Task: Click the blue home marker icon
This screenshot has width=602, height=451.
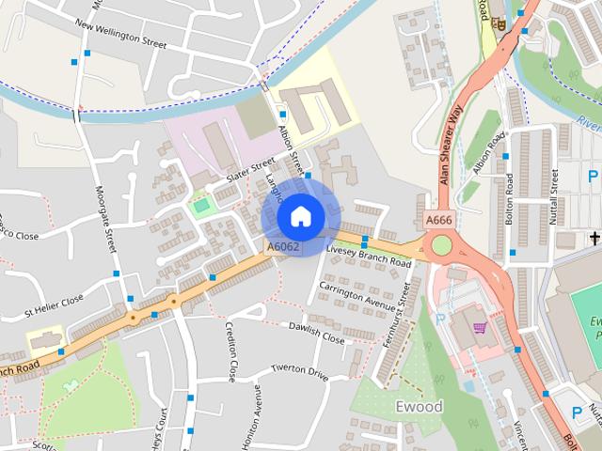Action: coord(300,217)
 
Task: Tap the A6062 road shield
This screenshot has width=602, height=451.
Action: coord(282,247)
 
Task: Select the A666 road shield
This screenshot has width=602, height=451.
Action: coord(438,220)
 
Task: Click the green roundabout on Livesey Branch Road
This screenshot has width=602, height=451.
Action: coord(440,247)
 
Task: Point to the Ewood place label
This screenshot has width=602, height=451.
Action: coord(420,407)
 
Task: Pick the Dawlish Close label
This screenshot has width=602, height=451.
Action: coord(317,333)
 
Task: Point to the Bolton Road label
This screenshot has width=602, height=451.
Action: coord(509,204)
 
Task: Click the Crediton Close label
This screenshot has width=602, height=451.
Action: coord(230,352)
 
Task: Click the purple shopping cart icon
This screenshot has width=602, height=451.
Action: coord(481,328)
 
